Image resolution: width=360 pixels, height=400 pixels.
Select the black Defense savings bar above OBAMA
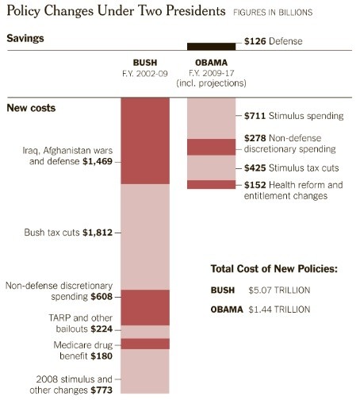211,46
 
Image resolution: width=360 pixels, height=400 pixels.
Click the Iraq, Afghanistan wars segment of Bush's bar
145,140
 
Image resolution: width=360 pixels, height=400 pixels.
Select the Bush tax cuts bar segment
145,237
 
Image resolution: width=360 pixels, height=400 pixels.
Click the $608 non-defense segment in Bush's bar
145,307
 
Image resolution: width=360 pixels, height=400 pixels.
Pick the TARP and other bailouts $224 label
61,323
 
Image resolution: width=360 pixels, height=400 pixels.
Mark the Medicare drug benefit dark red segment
145,344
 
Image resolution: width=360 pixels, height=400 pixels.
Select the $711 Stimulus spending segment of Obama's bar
211,117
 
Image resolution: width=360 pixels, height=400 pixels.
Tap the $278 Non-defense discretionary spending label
289,144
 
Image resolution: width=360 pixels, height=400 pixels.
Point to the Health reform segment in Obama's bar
211,185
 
